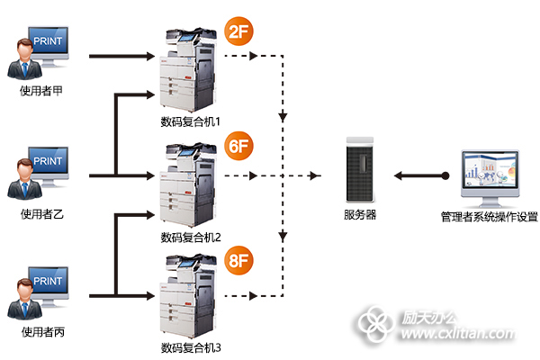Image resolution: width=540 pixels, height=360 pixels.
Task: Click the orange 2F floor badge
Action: coord(238,34)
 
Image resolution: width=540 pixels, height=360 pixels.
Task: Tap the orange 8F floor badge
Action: coord(238,262)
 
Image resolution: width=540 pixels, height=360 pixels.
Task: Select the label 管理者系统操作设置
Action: coord(489,216)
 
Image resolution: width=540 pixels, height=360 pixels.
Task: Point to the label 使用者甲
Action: coord(41,91)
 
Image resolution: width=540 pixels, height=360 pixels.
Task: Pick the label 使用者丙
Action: coord(41,332)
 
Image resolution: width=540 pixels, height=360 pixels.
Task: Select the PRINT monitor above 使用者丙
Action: coord(48,283)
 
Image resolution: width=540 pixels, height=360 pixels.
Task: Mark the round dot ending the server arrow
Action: coord(445,175)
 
